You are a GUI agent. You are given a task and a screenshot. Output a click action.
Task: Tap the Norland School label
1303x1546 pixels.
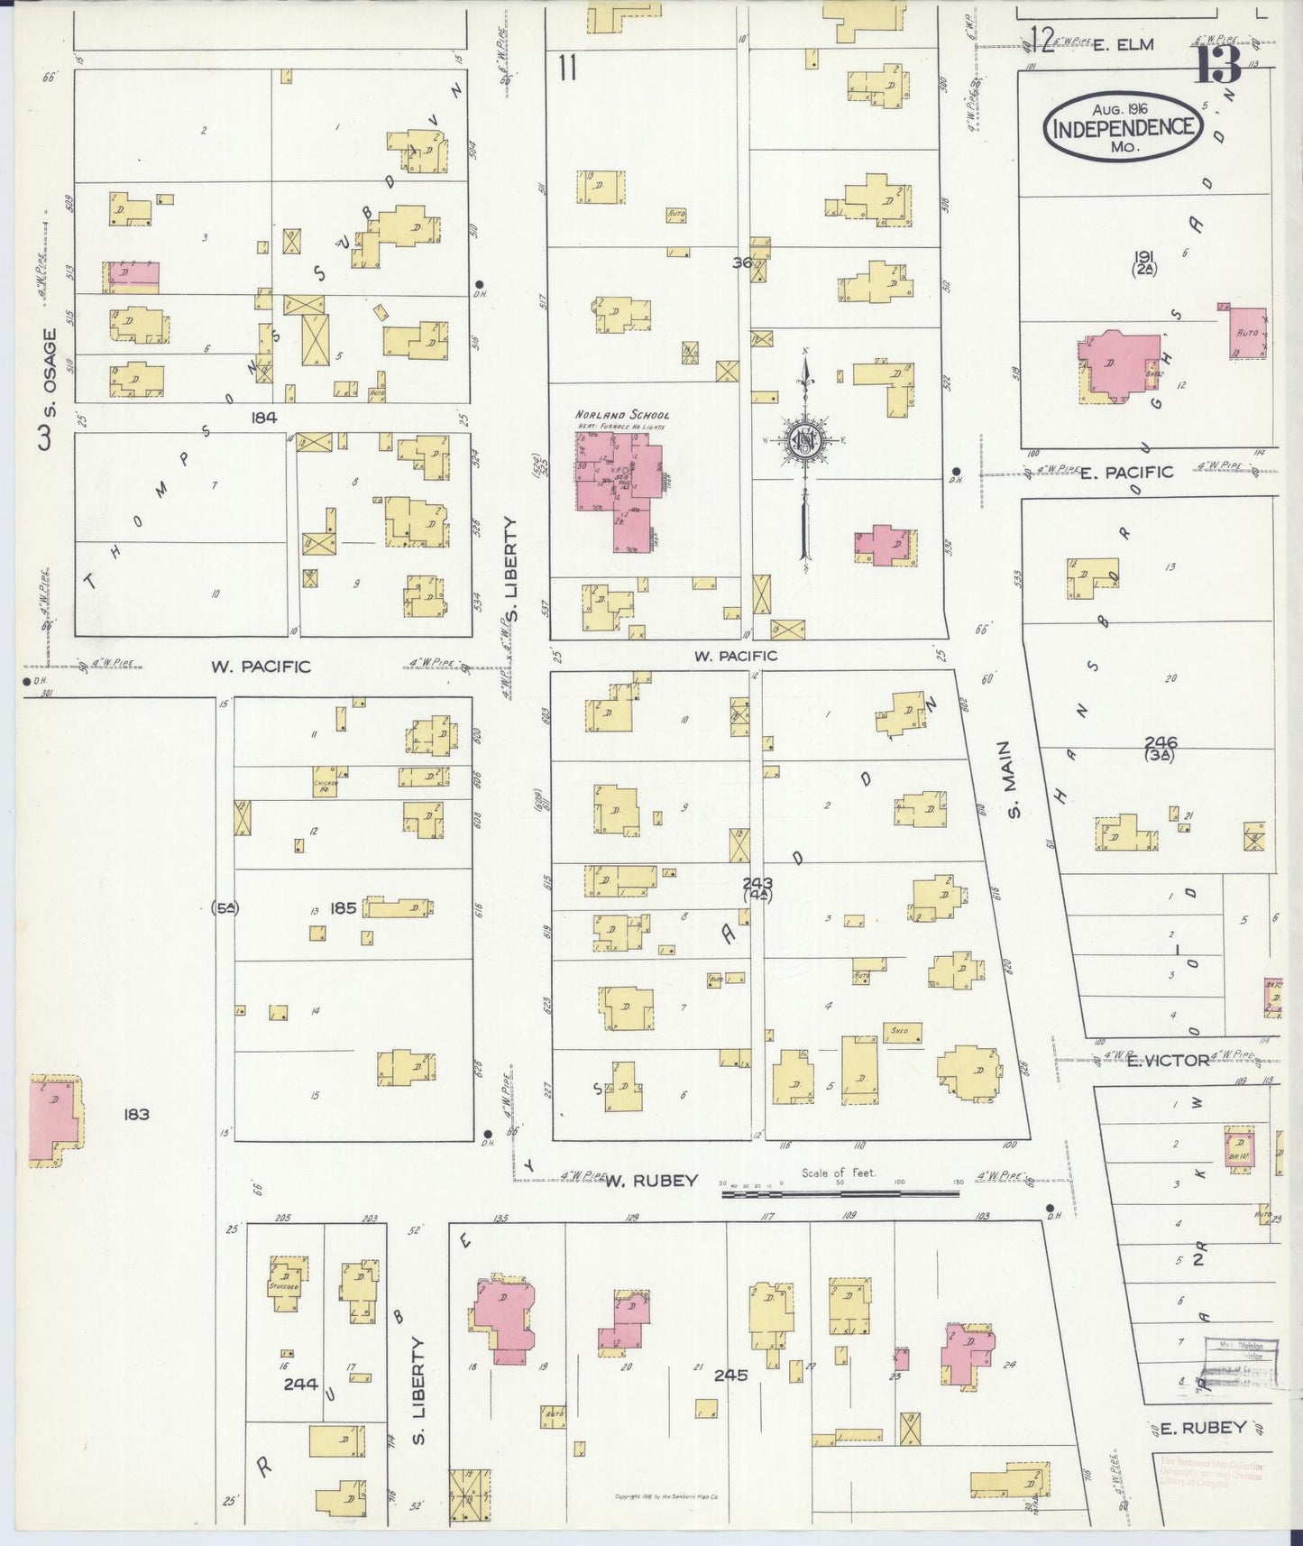coord(622,415)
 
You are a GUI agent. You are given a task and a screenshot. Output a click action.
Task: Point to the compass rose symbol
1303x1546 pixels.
coord(803,441)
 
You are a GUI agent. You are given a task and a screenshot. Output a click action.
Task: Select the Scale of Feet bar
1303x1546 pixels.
coord(840,1192)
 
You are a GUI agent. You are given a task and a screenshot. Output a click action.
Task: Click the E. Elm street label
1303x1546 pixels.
coord(1123,43)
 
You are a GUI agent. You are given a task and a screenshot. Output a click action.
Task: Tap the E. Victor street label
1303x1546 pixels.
coord(1168,1060)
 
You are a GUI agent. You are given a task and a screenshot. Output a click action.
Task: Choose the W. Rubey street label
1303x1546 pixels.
coord(651,1180)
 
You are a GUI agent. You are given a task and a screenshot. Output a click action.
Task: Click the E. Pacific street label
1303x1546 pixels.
coord(1126,472)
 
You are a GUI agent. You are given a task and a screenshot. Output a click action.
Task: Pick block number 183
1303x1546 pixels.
coord(136,1115)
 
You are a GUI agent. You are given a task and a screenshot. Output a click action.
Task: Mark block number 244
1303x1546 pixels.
coord(300,1384)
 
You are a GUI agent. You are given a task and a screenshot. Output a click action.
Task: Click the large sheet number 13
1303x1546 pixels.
coord(1218,63)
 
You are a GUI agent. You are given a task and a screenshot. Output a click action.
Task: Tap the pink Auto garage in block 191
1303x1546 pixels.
coord(1247,332)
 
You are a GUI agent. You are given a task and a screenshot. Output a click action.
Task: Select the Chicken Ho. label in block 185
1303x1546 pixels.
coord(325,782)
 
